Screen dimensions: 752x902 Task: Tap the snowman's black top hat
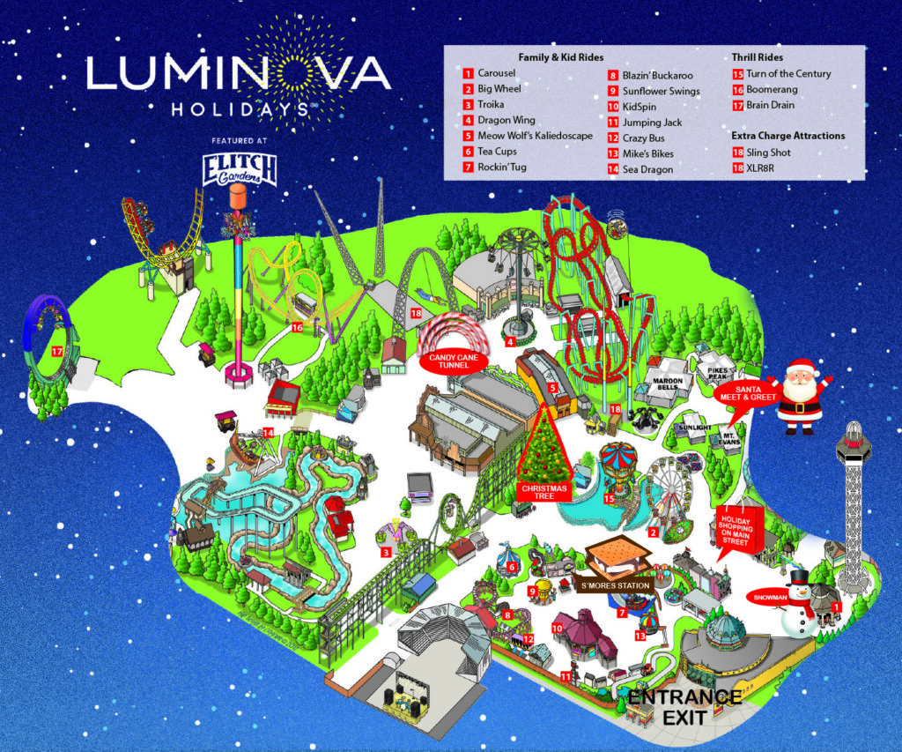799,577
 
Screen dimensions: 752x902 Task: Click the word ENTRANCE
684,697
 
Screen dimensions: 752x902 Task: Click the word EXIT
684,718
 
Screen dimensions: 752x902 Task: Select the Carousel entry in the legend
496,73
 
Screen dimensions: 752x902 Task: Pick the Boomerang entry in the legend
771,89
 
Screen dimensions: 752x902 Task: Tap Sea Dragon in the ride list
647,169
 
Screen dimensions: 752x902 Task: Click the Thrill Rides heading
758,57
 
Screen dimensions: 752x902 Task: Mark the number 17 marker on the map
57,351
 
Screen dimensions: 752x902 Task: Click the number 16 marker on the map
297,327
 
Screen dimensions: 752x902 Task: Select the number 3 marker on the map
386,553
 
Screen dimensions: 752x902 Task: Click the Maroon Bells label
667,384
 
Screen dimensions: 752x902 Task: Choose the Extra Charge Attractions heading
787,136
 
